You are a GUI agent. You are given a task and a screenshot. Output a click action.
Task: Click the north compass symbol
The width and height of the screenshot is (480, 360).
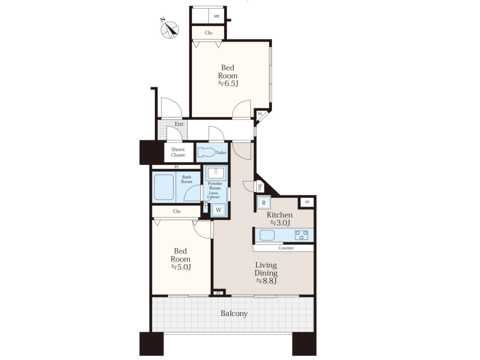[x=170, y=29]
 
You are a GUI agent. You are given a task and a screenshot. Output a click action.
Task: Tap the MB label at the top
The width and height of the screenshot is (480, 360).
[x=216, y=16]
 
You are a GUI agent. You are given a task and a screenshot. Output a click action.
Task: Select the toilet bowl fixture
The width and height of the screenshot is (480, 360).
[x=207, y=152]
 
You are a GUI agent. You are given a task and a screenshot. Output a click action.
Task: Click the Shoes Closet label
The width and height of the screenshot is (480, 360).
[x=178, y=152]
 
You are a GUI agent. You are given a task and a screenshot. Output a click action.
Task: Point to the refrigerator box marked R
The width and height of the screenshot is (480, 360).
[x=264, y=202]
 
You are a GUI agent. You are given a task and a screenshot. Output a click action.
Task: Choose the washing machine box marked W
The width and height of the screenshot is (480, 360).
[x=219, y=210]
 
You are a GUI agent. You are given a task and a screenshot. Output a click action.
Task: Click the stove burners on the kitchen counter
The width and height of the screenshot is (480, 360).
[x=302, y=235]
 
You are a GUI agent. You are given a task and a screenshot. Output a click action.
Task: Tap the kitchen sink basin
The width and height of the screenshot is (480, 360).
[x=267, y=235]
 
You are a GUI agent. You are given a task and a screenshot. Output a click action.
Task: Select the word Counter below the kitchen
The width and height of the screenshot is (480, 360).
[x=286, y=248]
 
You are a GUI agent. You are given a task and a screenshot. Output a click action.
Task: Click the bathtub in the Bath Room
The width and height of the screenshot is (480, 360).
[x=164, y=187]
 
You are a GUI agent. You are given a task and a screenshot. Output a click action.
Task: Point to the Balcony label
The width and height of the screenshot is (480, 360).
[x=234, y=313]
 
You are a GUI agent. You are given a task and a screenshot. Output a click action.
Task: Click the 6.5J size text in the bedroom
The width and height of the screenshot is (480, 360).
[x=228, y=83]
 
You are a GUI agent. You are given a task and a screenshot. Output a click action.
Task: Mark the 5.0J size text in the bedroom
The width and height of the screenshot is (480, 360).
[x=181, y=267]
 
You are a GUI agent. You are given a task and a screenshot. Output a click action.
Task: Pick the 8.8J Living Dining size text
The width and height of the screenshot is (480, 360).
[x=266, y=281]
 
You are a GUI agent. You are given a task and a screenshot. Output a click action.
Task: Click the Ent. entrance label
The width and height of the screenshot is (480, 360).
[x=180, y=124]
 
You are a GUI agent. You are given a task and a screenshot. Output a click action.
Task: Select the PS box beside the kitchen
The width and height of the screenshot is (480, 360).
[x=307, y=202]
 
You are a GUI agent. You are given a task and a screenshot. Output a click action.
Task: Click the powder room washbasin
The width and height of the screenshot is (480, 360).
[x=216, y=174]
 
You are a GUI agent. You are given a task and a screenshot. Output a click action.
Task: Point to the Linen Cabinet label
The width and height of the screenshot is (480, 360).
[x=214, y=195]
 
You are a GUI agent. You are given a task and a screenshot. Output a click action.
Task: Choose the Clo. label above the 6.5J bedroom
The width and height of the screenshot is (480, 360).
[x=209, y=33]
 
